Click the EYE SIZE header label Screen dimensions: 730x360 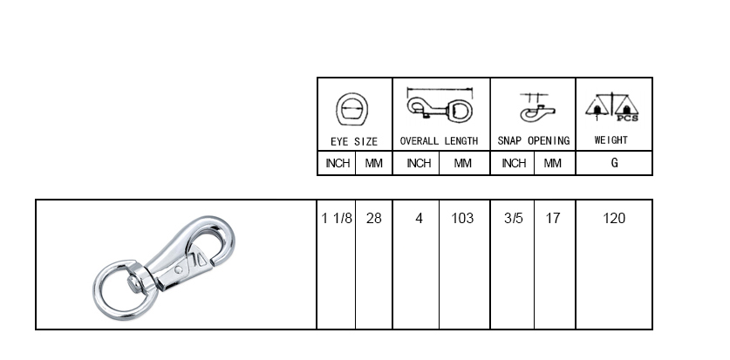click(354, 141)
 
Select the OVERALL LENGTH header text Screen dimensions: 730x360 click(439, 141)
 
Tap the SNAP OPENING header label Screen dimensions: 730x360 click(534, 141)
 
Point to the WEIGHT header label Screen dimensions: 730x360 click(611, 140)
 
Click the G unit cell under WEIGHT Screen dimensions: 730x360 click(614, 163)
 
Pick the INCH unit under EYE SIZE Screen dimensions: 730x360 click(338, 163)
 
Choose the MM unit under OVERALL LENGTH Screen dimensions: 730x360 click(462, 163)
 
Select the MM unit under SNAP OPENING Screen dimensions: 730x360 click(553, 163)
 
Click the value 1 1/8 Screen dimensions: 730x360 click(337, 218)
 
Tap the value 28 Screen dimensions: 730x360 click(374, 218)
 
